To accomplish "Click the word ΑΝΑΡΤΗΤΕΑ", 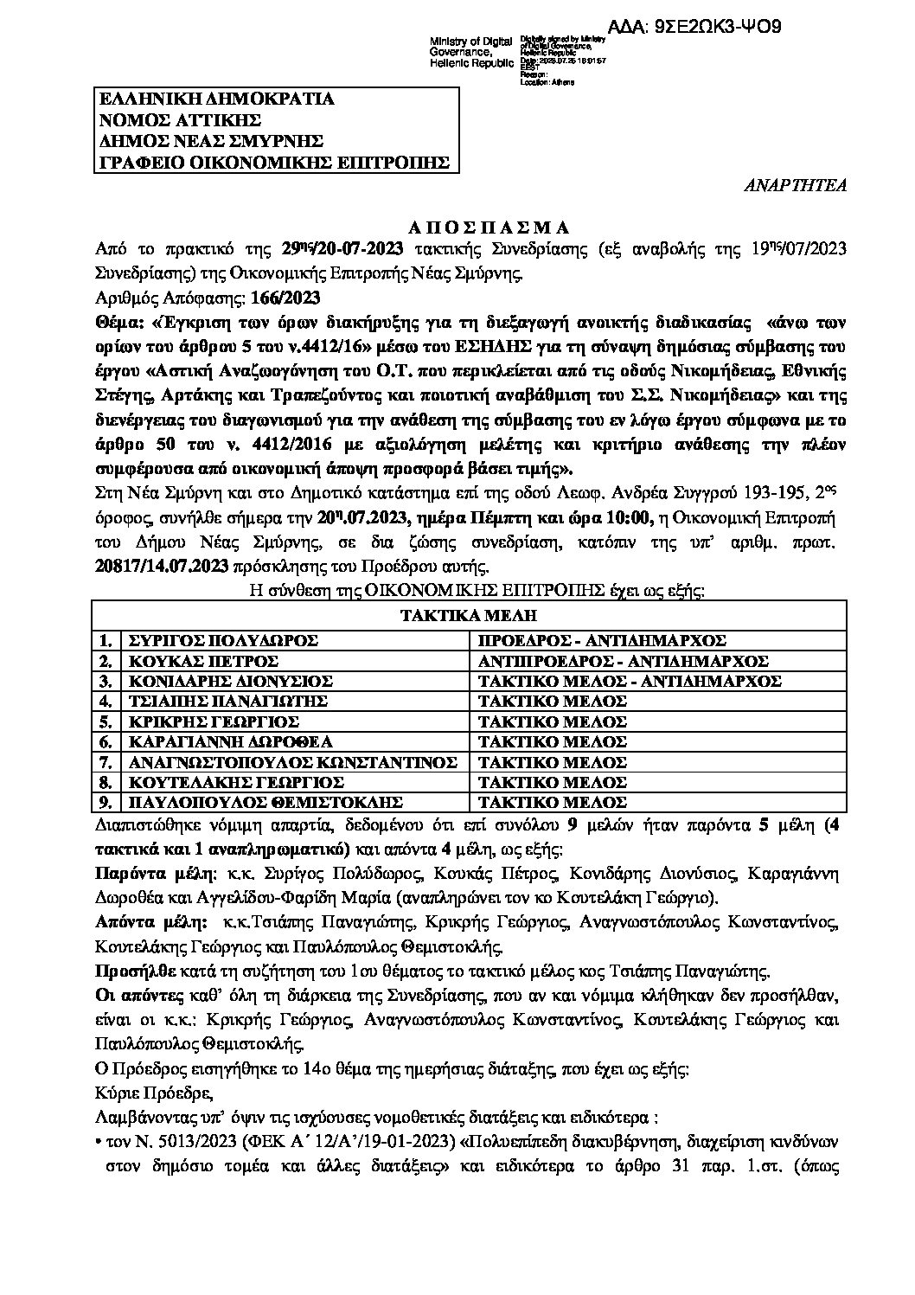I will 797,184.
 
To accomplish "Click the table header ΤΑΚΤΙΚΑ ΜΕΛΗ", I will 470,617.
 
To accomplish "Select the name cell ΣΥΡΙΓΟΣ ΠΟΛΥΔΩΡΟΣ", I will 223,640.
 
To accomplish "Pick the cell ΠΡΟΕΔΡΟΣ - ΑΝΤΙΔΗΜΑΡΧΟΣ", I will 601,640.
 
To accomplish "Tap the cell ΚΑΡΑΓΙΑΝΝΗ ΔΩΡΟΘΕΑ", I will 230,741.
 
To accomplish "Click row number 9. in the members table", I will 106,802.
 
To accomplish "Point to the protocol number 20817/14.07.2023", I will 163,568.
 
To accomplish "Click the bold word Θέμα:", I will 119,321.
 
